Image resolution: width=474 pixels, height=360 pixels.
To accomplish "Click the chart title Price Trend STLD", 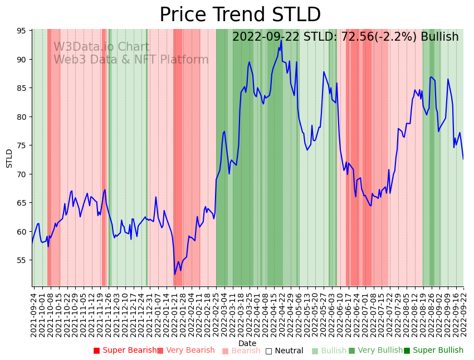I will coord(240,15).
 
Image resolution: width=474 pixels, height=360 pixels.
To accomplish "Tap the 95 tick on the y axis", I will coord(23,31).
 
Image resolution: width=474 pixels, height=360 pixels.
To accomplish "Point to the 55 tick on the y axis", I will coord(23,260).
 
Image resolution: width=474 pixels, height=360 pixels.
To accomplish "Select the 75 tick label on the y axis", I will coord(23,145).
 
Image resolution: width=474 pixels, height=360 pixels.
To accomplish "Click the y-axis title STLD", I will coord(9,158).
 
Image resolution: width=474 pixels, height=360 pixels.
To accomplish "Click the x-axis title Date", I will coord(247,344).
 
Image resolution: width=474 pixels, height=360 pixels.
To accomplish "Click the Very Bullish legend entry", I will coord(375,351).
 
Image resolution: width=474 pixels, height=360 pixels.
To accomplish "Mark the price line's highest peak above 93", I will coord(281,40).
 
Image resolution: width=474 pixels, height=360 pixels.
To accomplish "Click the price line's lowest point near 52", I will coord(174,274).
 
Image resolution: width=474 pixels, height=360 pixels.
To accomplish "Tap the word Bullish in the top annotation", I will coord(439,37).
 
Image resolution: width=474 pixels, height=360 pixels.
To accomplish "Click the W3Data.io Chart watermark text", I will coord(101,47).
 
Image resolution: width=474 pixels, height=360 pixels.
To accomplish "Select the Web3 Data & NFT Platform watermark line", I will coord(131,60).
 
